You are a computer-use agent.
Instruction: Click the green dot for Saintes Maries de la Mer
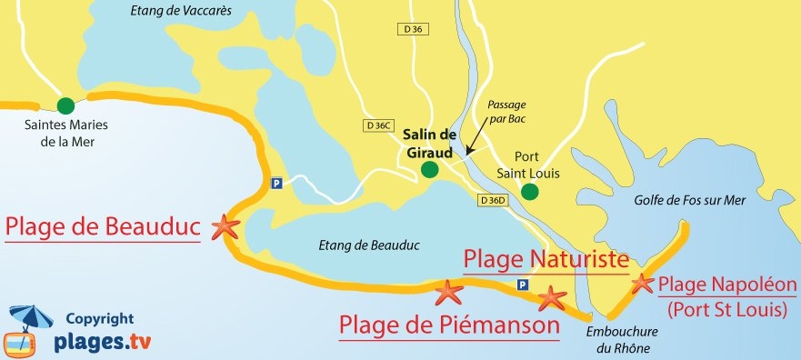65,105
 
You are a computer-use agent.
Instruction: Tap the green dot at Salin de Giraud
430,169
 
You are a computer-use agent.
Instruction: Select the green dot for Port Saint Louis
530,191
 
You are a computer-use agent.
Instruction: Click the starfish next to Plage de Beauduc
224,227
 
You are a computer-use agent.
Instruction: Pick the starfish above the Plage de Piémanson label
448,292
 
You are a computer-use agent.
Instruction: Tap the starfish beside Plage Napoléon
642,284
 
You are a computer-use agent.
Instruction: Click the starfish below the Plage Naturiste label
552,297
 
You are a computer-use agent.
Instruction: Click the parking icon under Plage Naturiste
522,285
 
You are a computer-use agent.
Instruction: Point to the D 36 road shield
412,29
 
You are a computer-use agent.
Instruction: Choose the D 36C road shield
375,125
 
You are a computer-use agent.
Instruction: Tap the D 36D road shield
491,200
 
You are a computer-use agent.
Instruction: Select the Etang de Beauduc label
355,245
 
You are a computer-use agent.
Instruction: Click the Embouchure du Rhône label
619,339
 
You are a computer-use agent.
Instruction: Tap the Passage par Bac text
506,111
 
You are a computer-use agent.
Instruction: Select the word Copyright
99,319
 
